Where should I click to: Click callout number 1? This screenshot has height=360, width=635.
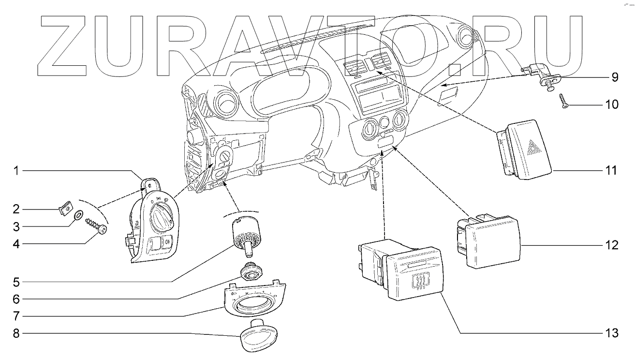pos(16,171)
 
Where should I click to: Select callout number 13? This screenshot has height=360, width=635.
pos(611,333)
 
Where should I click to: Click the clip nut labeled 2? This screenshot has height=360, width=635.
pos(63,209)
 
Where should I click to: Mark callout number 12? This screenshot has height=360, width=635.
pos(611,246)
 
